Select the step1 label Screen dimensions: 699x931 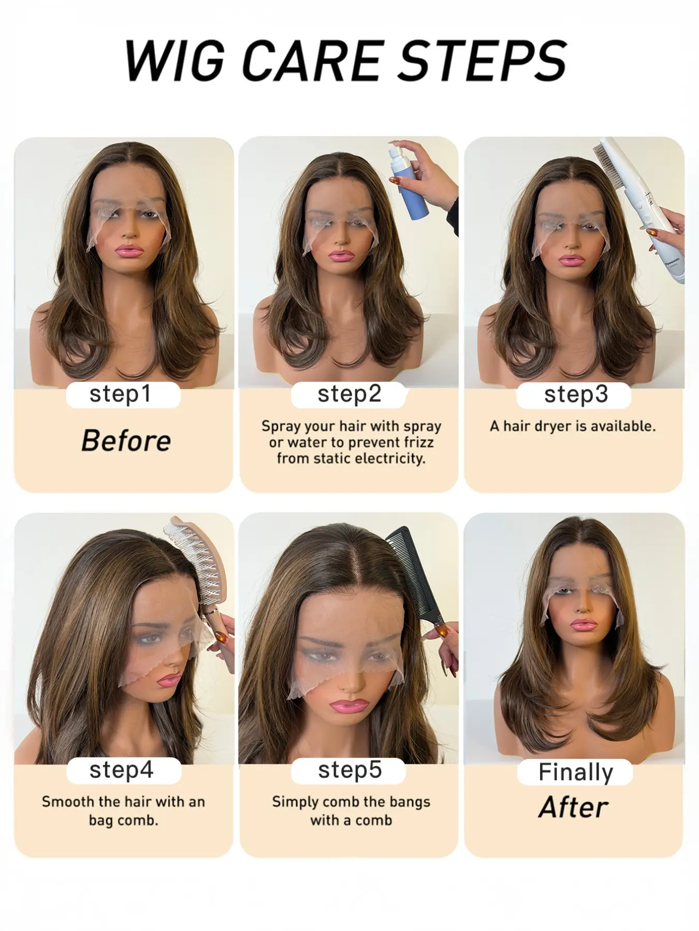120,394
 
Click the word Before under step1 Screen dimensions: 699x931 126,441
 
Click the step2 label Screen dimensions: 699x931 349,394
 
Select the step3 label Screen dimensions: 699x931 576,394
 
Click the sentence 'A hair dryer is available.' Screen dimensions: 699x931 573,426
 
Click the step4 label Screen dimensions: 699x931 122,770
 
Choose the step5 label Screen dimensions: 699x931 350,770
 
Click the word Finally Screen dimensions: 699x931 575,772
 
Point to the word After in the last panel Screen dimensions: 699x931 573,807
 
